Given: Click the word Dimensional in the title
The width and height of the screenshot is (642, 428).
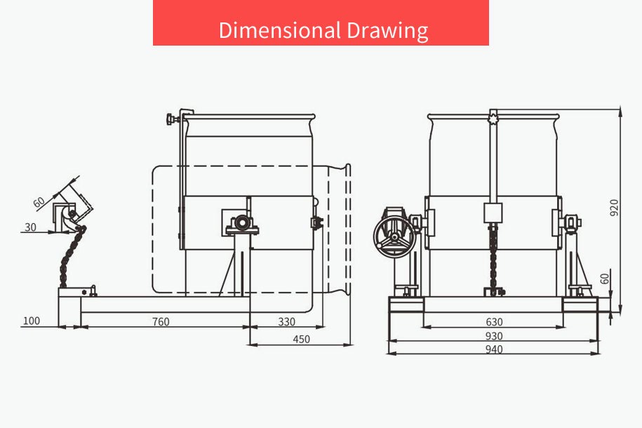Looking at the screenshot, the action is click(280, 30).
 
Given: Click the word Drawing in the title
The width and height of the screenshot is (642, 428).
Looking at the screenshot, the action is click(388, 31).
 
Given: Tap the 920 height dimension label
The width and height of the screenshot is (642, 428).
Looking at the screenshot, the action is click(614, 208).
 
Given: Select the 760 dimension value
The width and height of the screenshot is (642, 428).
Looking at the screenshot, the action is click(161, 322).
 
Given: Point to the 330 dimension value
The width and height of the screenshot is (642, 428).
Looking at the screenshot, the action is click(286, 322).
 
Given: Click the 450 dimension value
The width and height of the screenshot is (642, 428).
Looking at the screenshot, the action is click(301, 340).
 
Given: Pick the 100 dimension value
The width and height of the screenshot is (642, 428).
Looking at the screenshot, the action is click(31, 321).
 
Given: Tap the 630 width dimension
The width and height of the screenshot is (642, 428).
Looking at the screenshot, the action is click(494, 322).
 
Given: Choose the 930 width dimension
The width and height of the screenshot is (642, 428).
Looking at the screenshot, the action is click(494, 336).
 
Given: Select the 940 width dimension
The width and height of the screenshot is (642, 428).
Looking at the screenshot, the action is click(494, 349).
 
